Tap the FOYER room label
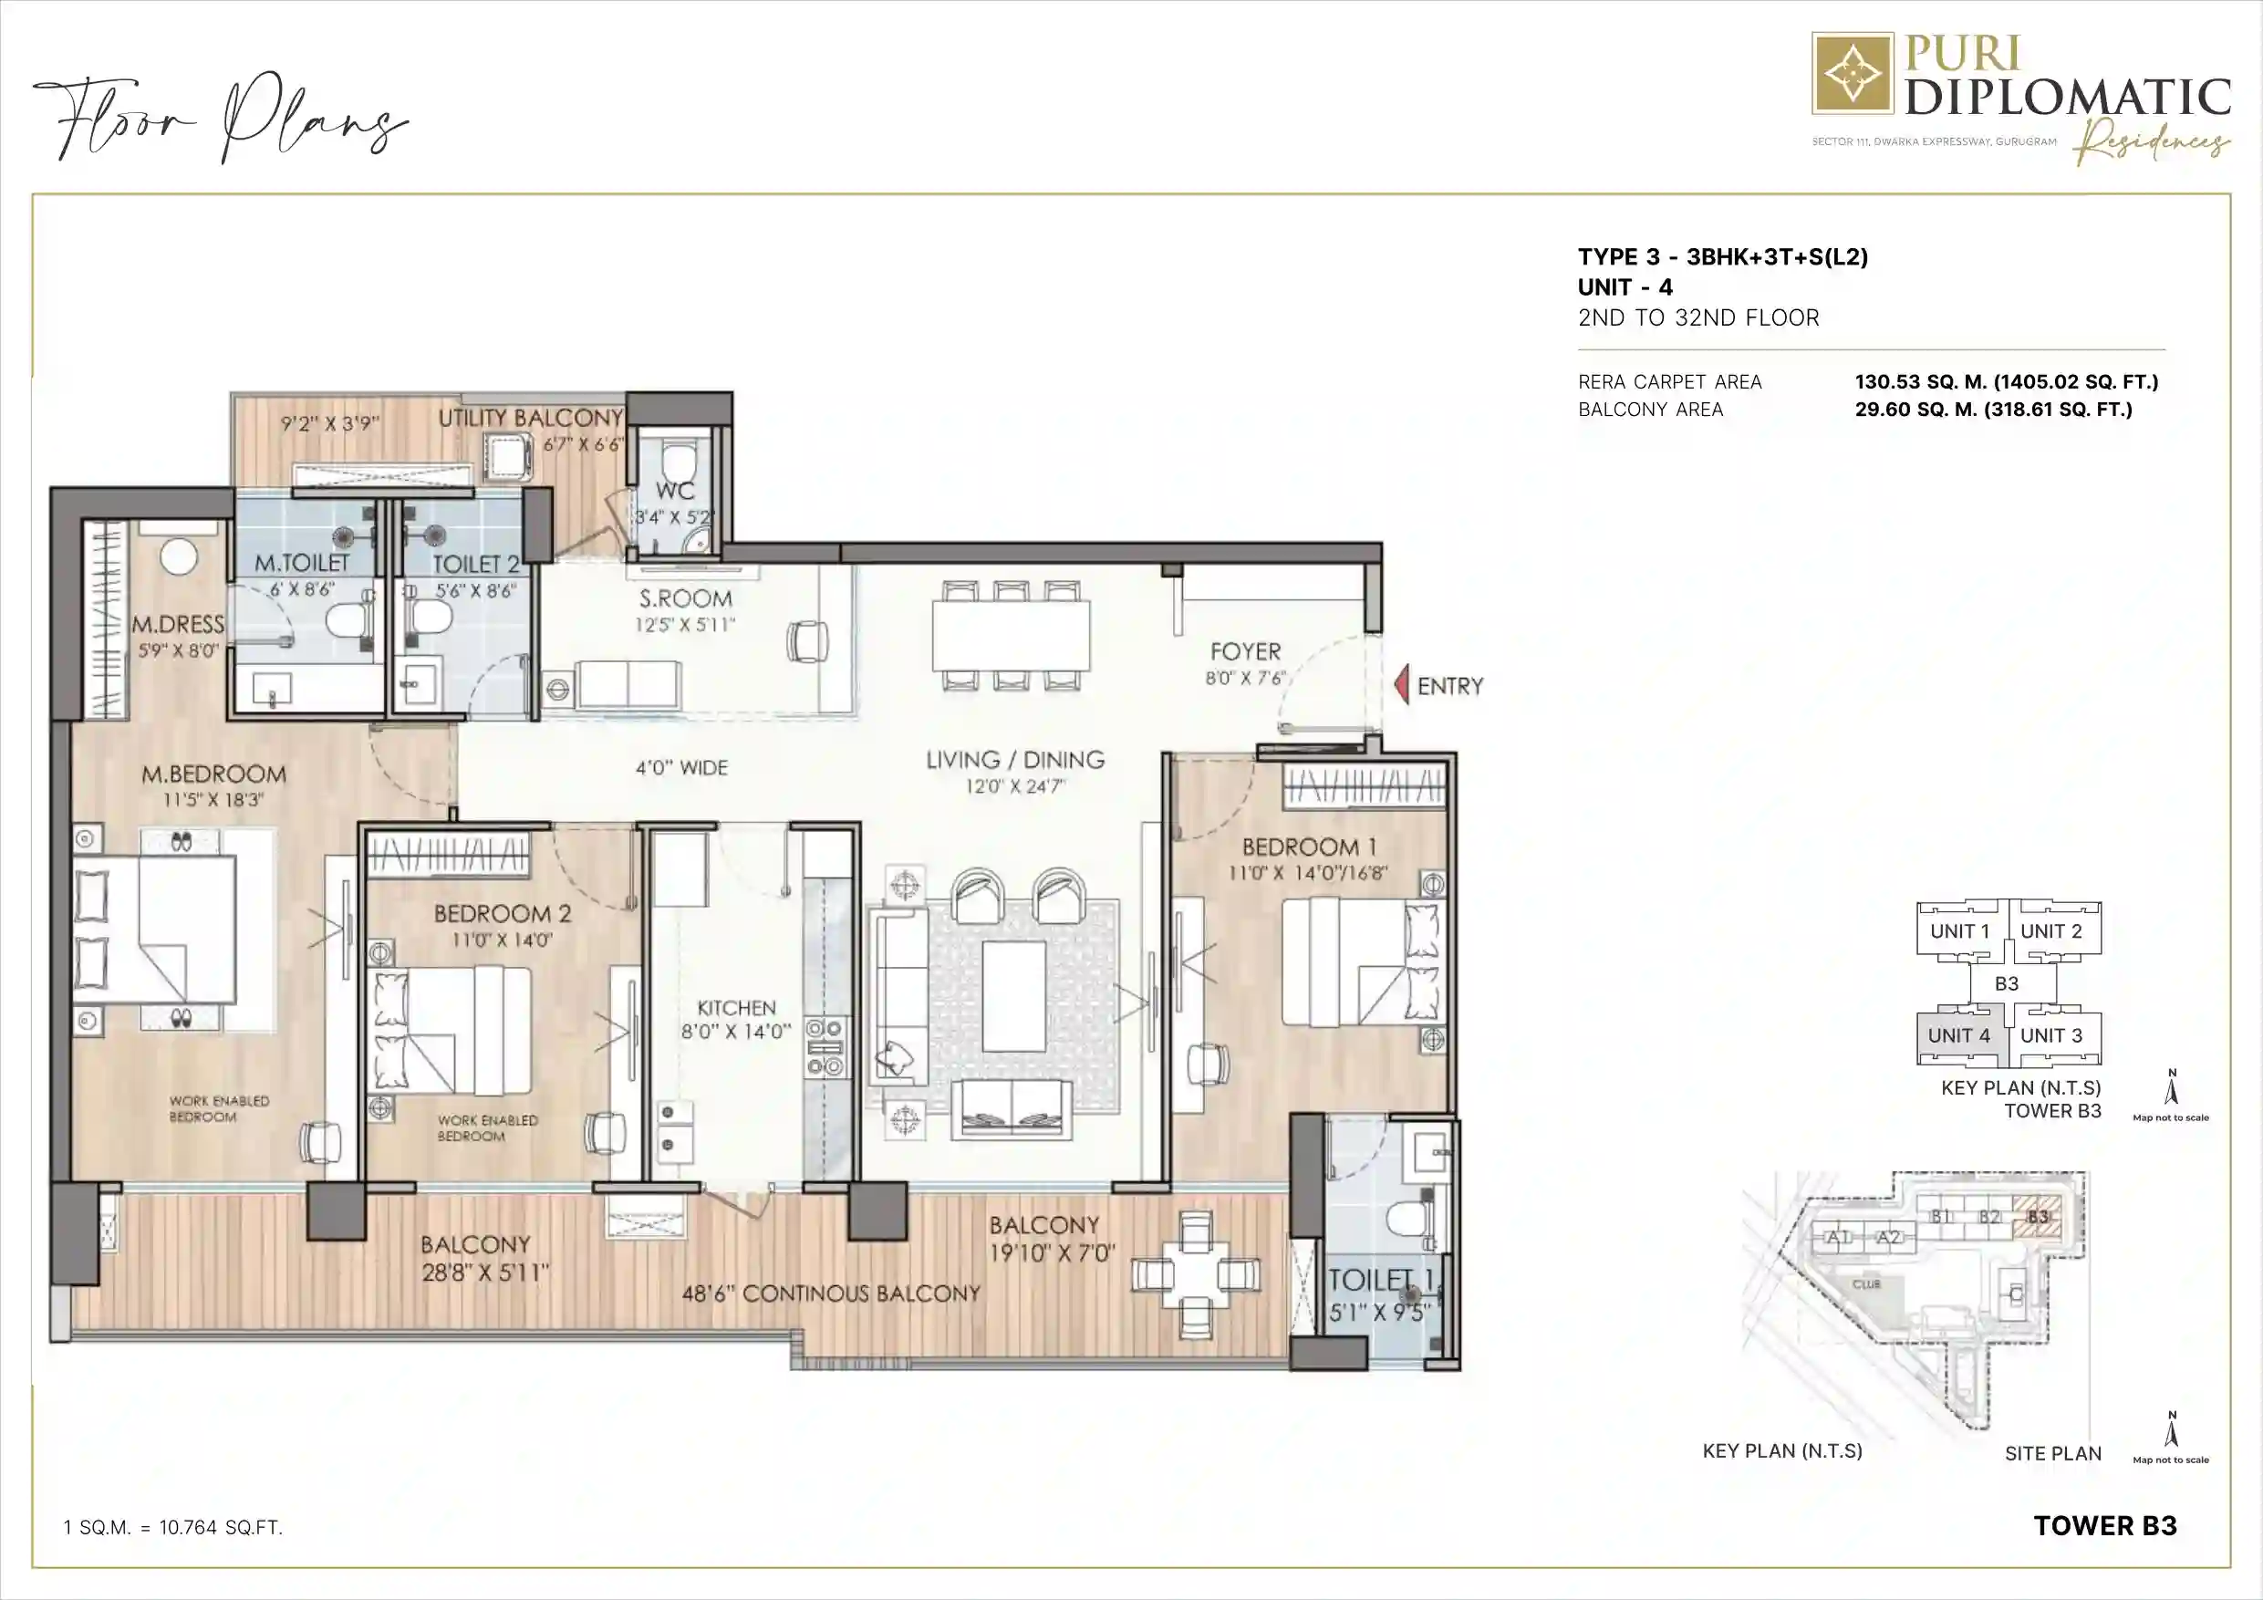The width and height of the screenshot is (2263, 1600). click(1245, 651)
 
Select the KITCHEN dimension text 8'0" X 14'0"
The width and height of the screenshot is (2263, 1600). click(736, 1031)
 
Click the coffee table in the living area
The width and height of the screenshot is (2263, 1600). click(1014, 997)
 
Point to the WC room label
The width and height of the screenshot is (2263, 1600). click(675, 491)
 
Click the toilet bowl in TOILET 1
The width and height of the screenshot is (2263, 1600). click(1407, 1219)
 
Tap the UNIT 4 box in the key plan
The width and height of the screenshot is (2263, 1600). click(1958, 1036)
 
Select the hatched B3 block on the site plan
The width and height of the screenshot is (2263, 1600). click(2038, 1218)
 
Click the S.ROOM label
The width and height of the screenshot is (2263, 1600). click(685, 598)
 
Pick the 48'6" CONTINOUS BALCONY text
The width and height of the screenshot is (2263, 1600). click(831, 1294)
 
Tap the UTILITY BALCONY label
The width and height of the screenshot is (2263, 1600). click(530, 418)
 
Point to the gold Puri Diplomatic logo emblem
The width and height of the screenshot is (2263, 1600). click(1852, 74)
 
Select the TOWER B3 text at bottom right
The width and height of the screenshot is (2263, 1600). click(2104, 1525)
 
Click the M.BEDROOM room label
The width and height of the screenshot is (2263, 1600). click(213, 774)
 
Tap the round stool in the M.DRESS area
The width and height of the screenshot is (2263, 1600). click(179, 557)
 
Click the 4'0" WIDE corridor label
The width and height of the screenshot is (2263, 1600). click(681, 767)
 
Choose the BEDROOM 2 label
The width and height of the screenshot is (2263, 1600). click(502, 913)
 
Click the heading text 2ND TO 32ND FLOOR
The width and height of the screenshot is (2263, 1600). click(1698, 317)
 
